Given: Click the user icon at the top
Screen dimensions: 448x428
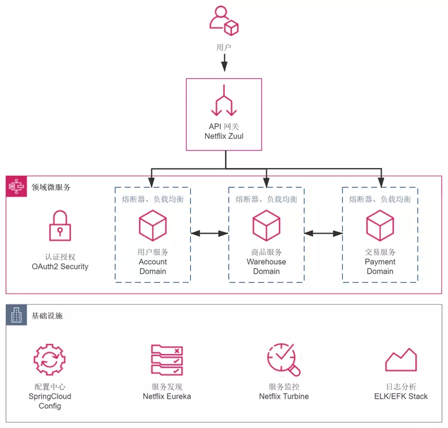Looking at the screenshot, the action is (x=224, y=21).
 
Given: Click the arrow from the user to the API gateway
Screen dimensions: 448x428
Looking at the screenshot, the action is (x=224, y=62).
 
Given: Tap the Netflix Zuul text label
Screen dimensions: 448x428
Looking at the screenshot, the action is (x=224, y=136).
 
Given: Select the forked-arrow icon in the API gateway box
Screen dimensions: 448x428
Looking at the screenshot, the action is (x=224, y=100).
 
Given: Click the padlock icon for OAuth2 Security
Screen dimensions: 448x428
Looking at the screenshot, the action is (x=60, y=225).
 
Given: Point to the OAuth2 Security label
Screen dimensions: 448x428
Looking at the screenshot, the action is (x=60, y=267).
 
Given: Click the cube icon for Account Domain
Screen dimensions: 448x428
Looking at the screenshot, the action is (x=153, y=225).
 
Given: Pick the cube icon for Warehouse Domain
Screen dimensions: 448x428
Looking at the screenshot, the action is (x=266, y=225).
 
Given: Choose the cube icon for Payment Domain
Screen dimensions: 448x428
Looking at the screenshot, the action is (x=380, y=225).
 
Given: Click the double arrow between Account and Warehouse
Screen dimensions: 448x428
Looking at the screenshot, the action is (x=209, y=234).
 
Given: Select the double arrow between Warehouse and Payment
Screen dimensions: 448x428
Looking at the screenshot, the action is (x=323, y=234).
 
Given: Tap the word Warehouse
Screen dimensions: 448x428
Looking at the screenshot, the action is (x=266, y=262).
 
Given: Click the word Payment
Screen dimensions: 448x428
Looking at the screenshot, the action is (x=380, y=262).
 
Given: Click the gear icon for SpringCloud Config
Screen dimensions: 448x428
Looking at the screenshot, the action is (x=50, y=359).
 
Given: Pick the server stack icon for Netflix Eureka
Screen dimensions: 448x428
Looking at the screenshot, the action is (x=167, y=360).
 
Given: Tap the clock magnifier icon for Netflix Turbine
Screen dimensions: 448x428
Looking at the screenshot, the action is (x=284, y=359).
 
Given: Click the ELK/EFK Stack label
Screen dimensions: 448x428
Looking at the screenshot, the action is (x=401, y=396).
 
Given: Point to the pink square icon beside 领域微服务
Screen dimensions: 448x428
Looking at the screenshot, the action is (x=16, y=187).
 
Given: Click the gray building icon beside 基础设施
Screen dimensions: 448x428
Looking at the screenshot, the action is (x=16, y=315).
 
